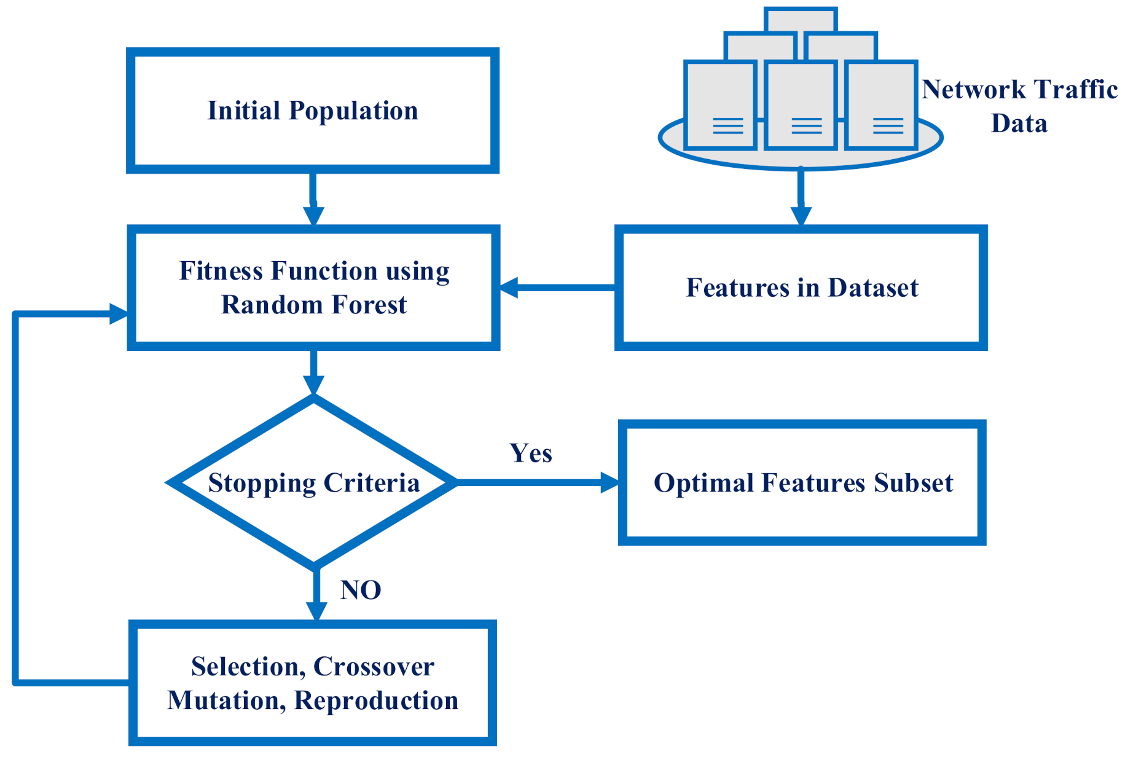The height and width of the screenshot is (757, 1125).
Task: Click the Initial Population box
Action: (312, 111)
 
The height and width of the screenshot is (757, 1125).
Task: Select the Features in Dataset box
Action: (801, 288)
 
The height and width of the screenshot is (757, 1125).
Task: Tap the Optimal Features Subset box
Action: (802, 483)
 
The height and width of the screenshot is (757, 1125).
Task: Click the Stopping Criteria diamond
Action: (313, 482)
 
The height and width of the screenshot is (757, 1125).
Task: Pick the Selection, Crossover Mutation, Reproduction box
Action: (312, 683)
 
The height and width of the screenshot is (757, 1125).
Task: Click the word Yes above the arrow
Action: (531, 453)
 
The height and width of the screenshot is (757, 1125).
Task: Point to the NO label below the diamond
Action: (361, 590)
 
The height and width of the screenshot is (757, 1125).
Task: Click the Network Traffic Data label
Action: (1019, 106)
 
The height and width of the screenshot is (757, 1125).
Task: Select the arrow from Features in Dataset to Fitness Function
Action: (556, 288)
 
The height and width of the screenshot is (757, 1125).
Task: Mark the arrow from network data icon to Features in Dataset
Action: (801, 197)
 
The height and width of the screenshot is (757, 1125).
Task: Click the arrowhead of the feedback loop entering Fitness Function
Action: (118, 314)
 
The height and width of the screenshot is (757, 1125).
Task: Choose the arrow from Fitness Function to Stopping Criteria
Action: (313, 372)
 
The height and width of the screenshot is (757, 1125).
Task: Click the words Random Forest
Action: (313, 305)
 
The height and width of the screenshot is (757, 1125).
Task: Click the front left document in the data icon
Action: (720, 104)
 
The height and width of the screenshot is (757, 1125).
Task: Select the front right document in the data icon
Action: (881, 104)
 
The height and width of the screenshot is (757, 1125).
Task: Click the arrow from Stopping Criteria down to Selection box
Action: (316, 593)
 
